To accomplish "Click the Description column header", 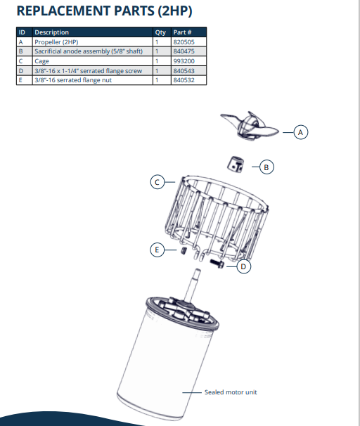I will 52,32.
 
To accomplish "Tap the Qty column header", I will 160,32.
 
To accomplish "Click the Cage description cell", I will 41,61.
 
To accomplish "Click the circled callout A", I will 300,131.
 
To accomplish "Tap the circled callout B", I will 265,167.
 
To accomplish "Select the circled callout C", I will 159,182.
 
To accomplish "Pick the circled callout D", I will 243,266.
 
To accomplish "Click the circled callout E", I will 158,249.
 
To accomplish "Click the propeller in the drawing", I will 249,127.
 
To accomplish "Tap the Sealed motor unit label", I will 231,392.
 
